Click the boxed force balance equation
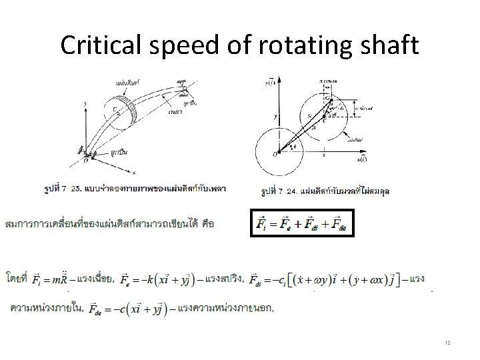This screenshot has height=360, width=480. [303, 223]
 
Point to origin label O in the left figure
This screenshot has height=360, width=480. [85, 161]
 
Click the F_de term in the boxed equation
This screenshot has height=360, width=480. [340, 223]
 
